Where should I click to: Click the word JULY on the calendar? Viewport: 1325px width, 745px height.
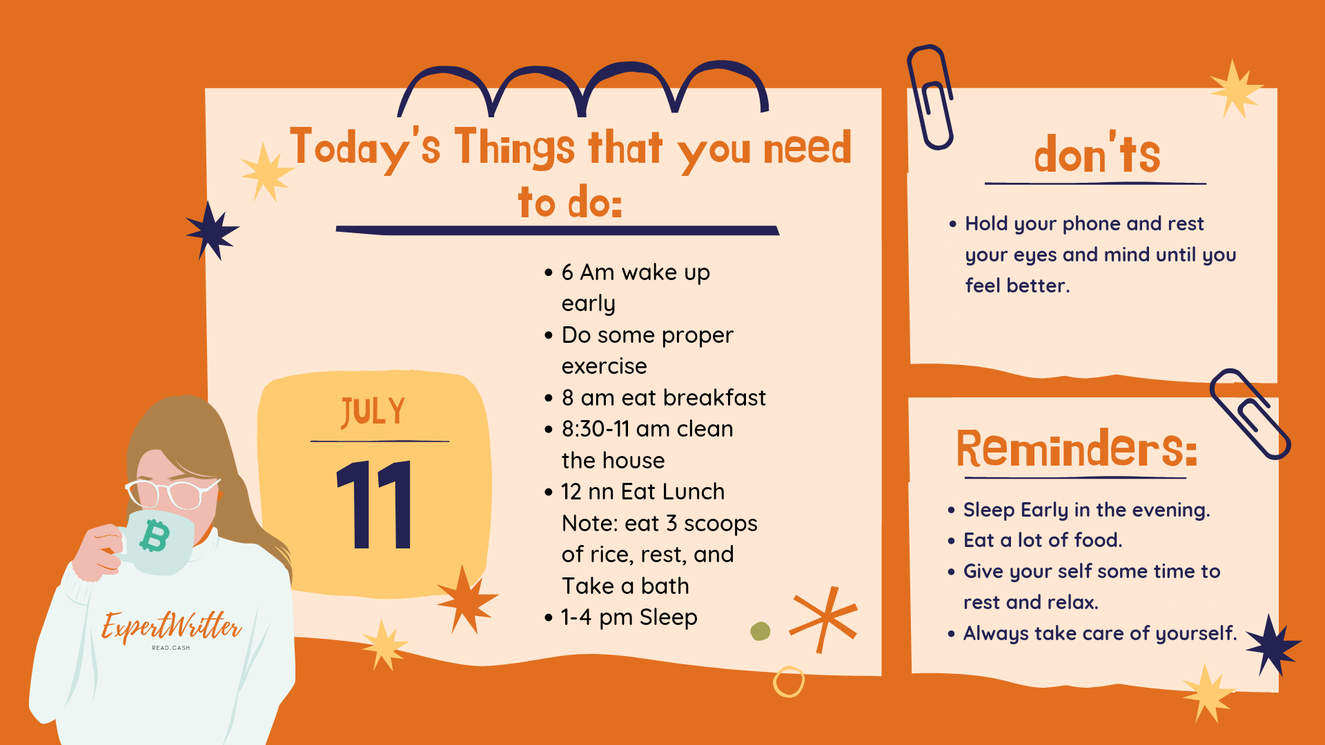(373, 412)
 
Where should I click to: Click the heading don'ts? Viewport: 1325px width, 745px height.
(1097, 153)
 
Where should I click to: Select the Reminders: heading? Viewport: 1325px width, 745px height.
(1076, 448)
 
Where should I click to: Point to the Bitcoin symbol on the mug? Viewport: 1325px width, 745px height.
(155, 537)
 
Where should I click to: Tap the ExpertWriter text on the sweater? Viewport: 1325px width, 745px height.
(171, 626)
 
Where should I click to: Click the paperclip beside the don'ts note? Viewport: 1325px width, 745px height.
(930, 97)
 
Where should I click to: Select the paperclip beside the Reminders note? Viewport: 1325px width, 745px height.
(1250, 414)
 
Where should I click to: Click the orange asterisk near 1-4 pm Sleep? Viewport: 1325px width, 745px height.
(824, 619)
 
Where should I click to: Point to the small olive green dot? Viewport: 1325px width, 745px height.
(760, 631)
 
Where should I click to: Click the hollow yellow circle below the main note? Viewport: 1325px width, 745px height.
(788, 682)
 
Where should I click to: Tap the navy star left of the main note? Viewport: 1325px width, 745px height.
(212, 230)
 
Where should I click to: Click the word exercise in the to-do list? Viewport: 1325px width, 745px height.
(604, 366)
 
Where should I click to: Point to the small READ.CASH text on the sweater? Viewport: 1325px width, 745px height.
(171, 648)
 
